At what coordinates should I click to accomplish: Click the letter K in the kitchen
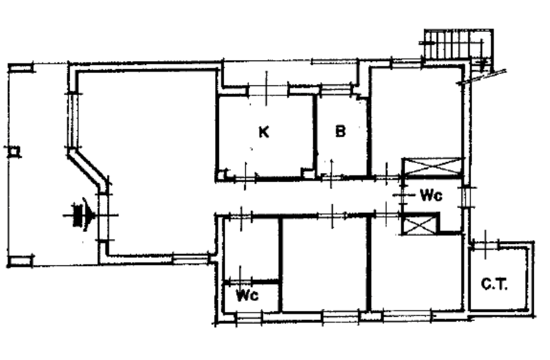[264, 132]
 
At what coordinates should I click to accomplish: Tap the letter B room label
[340, 131]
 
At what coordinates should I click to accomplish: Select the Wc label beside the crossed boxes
[431, 195]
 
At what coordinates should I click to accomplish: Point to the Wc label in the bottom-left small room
[247, 295]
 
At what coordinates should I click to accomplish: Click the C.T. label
[494, 284]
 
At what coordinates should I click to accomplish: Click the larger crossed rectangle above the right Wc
[431, 166]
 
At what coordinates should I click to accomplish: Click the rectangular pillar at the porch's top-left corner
[21, 68]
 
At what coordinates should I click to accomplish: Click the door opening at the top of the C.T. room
[486, 244]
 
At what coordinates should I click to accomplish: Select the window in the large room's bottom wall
[191, 258]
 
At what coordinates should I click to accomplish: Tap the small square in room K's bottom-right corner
[308, 174]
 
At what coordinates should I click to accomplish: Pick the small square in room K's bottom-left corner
[222, 175]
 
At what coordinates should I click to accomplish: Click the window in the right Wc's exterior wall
[466, 197]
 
